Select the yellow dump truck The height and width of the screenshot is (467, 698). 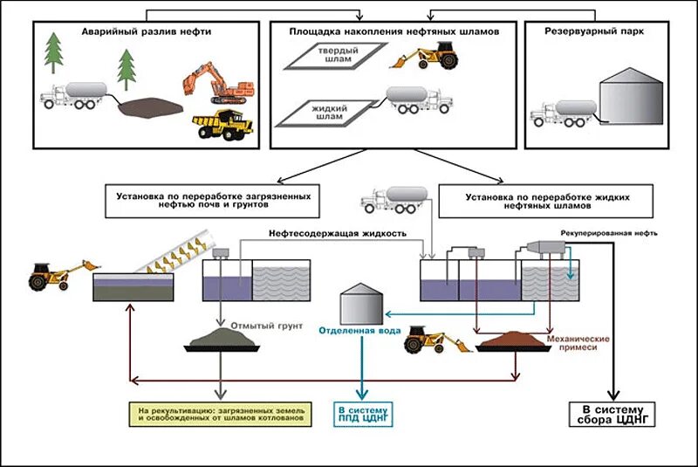coord(222,125)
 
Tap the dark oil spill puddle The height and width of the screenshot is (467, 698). coord(150,107)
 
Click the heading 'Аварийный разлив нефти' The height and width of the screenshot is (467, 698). coord(147,31)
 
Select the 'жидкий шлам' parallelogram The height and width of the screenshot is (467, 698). coord(325,113)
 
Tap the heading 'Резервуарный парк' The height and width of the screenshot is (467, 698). coord(594,31)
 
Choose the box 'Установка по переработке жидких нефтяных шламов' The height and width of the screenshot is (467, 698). coord(546,202)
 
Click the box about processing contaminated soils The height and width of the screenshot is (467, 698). coord(212,202)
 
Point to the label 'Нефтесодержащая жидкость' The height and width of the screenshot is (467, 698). coord(338,234)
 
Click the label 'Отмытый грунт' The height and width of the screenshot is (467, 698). coord(267,326)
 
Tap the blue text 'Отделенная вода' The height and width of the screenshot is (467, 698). coord(359,330)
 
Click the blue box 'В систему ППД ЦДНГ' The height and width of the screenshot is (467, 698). coord(363,414)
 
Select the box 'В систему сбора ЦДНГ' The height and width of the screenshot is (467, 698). coord(612,414)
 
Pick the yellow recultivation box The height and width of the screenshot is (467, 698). coord(221,414)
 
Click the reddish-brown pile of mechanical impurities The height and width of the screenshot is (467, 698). coord(515,341)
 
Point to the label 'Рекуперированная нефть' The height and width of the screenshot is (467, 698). coord(608,233)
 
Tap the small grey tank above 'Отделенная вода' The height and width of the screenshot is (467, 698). coord(361,304)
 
